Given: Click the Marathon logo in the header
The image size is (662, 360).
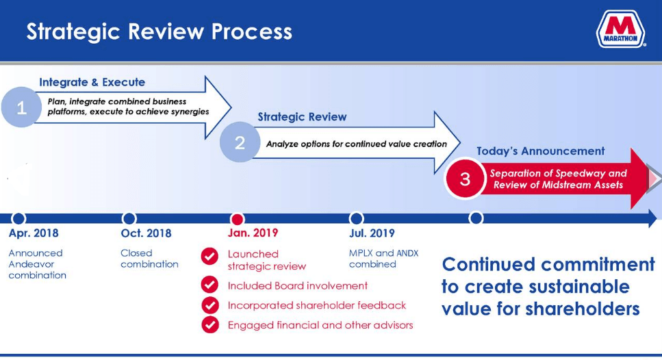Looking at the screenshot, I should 621,31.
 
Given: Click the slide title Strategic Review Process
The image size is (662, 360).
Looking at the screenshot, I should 159,31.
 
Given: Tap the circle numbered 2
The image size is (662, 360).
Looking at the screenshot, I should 240,142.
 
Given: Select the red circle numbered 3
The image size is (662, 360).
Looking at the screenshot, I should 465,179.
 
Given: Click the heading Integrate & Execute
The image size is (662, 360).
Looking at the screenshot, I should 92,82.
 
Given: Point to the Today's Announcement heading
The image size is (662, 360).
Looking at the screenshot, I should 540,151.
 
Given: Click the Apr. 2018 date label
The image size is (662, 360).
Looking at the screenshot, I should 34,233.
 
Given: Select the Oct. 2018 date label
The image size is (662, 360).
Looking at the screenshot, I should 146,233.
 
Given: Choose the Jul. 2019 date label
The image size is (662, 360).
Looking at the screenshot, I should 372,233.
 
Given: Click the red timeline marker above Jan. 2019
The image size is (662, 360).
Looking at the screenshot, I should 237,219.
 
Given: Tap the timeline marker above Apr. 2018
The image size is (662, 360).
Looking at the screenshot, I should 19,219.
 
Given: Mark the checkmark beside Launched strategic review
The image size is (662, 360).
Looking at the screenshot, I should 209,257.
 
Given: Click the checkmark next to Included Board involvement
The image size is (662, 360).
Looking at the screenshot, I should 209,285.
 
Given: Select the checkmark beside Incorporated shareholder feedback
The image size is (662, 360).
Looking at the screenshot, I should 209,305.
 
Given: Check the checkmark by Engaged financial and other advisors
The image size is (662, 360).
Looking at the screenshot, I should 209,324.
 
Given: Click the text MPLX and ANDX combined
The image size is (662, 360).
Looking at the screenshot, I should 383,259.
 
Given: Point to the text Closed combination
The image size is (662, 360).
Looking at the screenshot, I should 149,259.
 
